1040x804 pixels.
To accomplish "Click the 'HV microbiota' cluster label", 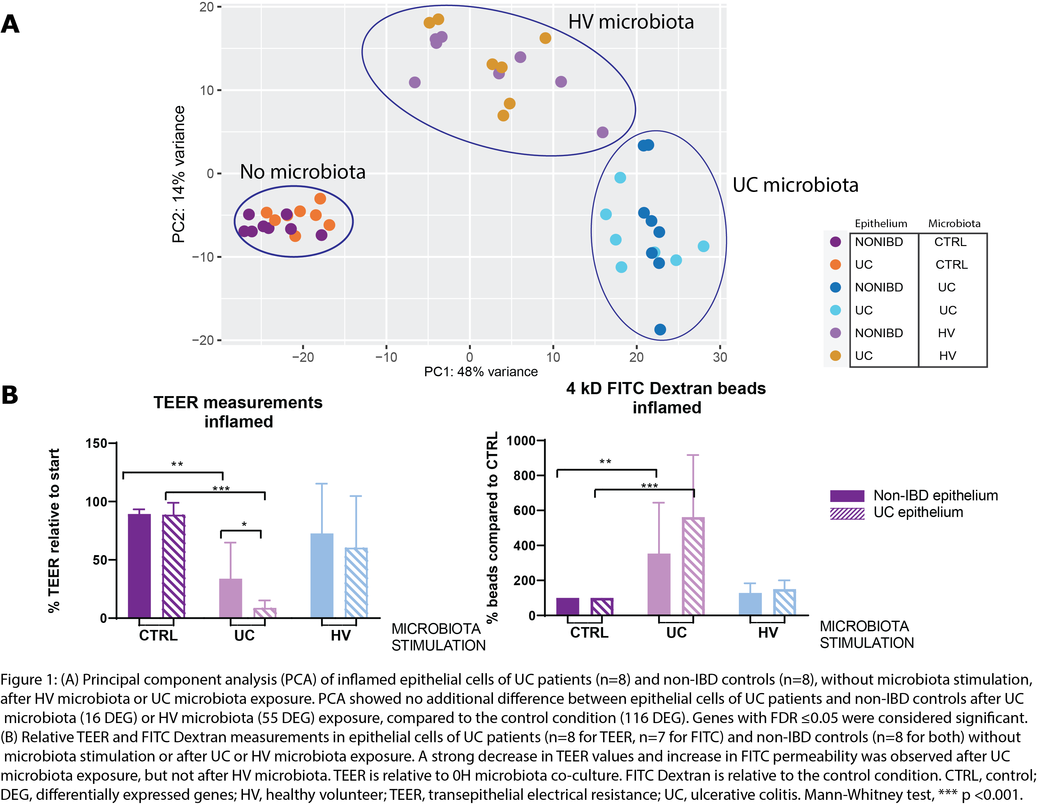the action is (x=631, y=22).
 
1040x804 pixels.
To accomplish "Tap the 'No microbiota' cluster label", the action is (x=303, y=172).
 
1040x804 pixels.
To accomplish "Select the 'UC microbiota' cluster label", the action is (x=795, y=185).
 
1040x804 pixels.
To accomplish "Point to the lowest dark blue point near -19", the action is (x=660, y=330).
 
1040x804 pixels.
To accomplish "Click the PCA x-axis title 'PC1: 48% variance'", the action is (x=481, y=372).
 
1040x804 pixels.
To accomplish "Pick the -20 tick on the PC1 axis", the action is (x=303, y=357).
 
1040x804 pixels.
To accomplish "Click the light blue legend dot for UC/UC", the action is (x=835, y=310).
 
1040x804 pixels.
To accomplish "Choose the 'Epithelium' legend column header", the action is (x=881, y=224).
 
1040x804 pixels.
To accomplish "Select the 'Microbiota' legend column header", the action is (x=954, y=224).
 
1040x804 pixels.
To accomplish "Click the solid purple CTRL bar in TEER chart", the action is (x=140, y=566).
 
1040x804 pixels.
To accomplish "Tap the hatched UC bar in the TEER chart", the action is (x=265, y=613).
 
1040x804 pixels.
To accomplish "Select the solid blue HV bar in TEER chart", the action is (x=322, y=576).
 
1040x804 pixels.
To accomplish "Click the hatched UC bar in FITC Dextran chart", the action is (x=693, y=567).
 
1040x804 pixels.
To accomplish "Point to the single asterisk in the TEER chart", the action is (x=244, y=524).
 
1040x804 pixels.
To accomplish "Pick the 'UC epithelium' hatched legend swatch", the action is (x=847, y=513).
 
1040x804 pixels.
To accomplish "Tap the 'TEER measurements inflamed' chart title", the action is (x=238, y=412).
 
